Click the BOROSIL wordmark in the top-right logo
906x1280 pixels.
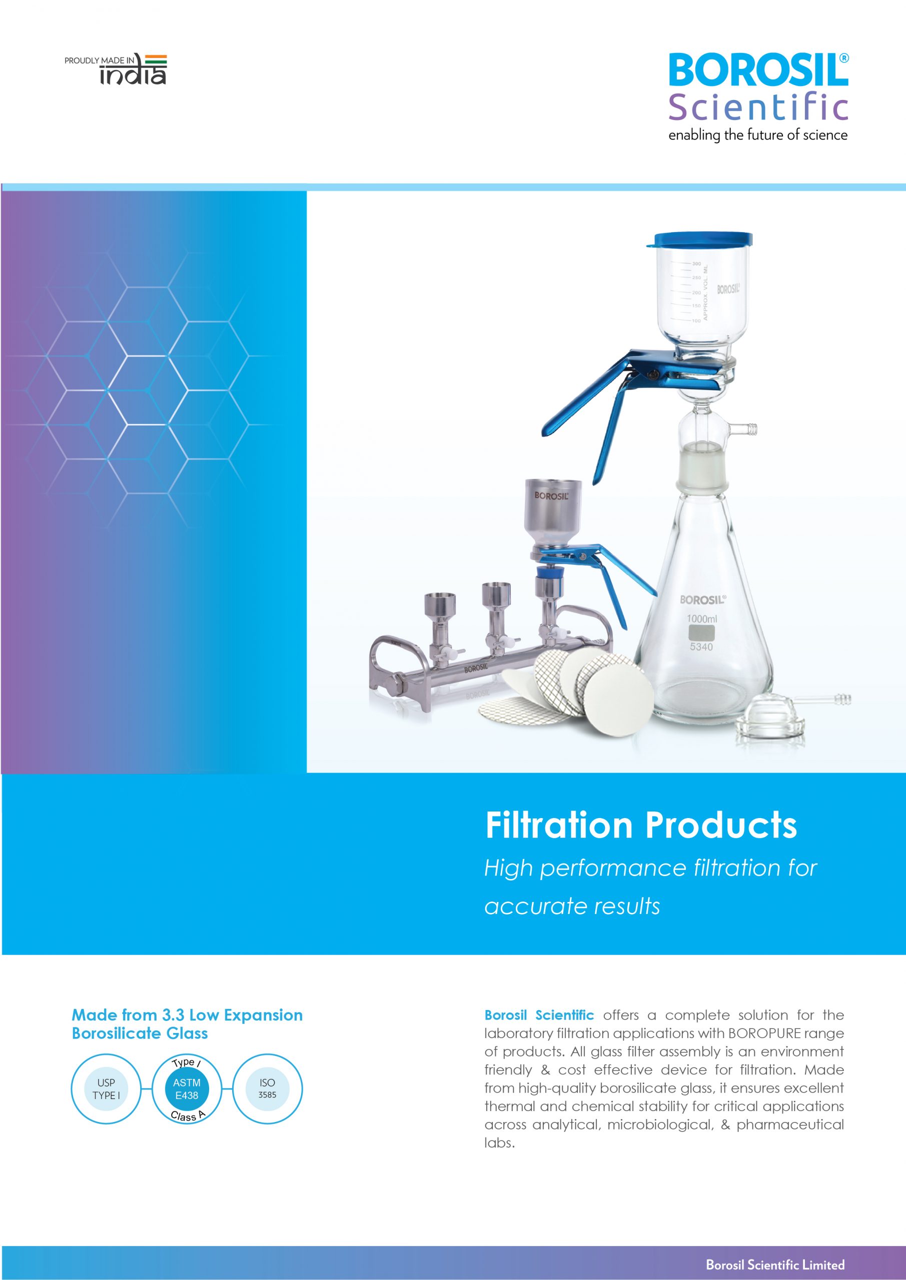click(x=758, y=70)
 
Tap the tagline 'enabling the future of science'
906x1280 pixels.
click(x=757, y=135)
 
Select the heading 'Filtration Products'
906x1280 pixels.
click(x=641, y=825)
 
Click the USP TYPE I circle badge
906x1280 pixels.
click(x=106, y=1089)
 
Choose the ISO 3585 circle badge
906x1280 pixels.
click(x=267, y=1089)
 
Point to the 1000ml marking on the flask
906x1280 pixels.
click(x=702, y=619)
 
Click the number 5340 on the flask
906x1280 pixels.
click(x=701, y=646)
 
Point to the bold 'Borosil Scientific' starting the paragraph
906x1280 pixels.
click(x=539, y=1014)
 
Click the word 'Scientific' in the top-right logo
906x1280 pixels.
click(x=758, y=107)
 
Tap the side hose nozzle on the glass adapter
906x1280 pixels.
click(x=743, y=428)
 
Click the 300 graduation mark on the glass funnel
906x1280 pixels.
click(x=697, y=263)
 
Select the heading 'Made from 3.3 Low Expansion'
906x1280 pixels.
click(x=188, y=1014)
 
